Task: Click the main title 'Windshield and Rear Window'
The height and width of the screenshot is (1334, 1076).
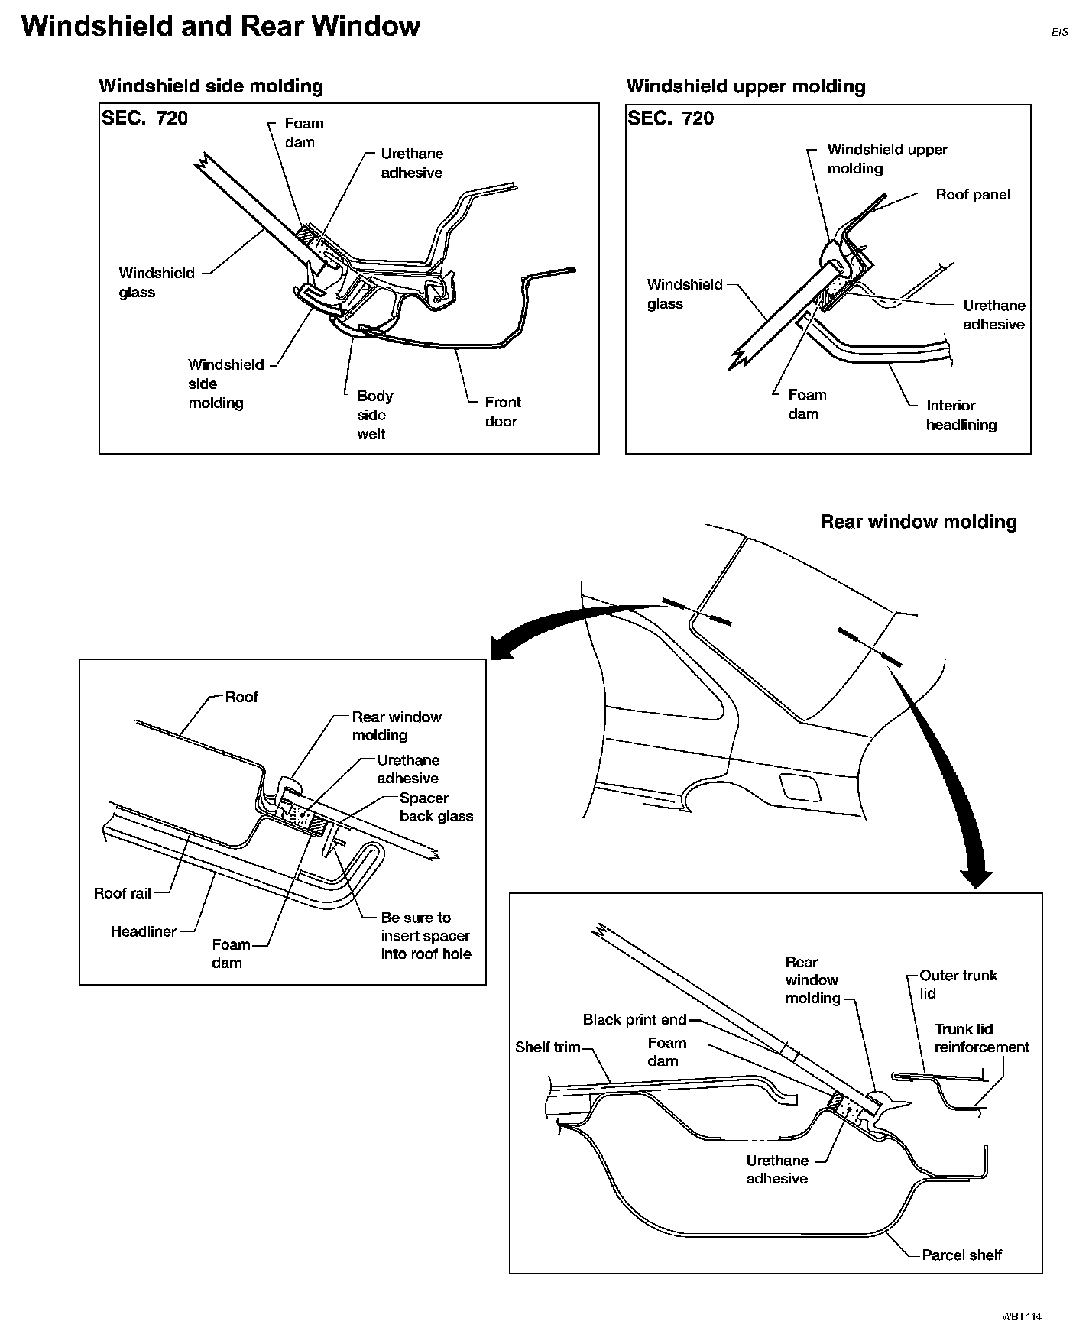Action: tap(220, 27)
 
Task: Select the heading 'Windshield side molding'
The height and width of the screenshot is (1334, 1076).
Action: tap(211, 86)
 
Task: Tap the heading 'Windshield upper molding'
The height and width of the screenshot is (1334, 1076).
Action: tap(746, 86)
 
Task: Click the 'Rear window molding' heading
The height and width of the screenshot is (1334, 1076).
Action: tap(918, 522)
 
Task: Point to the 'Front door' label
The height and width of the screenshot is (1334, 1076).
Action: tap(502, 412)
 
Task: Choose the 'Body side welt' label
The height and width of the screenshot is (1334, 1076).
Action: tap(374, 415)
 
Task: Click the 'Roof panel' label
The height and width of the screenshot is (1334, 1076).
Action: tap(972, 195)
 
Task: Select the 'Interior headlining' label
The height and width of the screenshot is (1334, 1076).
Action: tap(961, 415)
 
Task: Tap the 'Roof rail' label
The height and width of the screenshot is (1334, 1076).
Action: tap(122, 893)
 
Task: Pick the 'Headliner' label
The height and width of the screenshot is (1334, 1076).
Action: tap(144, 931)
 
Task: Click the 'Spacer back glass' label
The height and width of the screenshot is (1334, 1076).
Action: tap(436, 807)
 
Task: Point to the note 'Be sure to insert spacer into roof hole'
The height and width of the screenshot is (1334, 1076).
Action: tap(426, 936)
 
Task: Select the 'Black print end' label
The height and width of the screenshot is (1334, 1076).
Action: tap(634, 1019)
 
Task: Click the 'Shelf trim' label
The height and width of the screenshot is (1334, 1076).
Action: tap(548, 1047)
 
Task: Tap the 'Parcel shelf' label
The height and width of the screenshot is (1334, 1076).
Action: tap(961, 1255)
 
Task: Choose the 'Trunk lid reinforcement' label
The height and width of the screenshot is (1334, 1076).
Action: tap(981, 1038)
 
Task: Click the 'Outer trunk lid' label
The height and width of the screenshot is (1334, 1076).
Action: tap(958, 984)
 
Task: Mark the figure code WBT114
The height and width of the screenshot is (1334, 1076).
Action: tap(1022, 1316)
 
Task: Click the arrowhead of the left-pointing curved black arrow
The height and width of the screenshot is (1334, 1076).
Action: tap(501, 649)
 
